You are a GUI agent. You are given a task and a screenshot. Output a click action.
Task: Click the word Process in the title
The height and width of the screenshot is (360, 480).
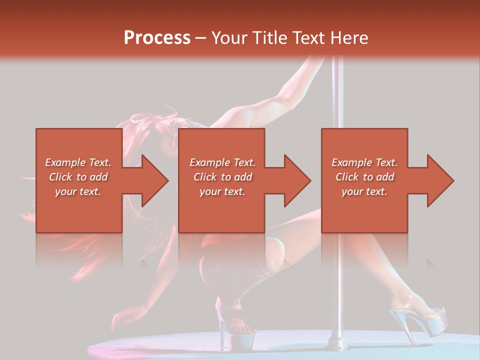(x=157, y=38)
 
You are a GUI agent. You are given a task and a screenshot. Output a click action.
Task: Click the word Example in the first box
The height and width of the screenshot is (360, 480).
(x=64, y=162)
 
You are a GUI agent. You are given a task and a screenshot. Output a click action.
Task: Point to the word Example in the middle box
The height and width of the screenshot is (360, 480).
(x=208, y=162)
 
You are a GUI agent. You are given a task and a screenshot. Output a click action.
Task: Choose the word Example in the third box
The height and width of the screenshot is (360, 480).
(x=350, y=162)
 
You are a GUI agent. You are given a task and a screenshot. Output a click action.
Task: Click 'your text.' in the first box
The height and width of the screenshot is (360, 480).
(x=78, y=191)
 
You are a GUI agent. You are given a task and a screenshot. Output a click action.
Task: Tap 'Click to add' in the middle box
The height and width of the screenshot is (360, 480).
(x=222, y=177)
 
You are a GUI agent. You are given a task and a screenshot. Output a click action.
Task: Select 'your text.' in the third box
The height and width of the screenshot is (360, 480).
(x=364, y=191)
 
